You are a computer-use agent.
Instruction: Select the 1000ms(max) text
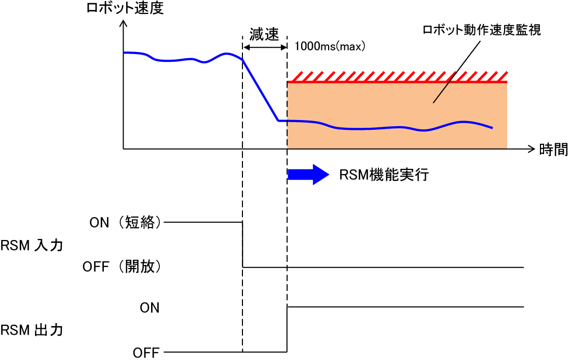[x=330, y=46]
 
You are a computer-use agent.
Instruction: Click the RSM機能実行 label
[x=384, y=175]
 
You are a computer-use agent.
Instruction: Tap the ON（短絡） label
[x=126, y=223]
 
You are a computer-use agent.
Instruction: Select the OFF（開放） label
[x=123, y=268]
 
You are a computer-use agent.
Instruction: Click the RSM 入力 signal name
[x=32, y=245]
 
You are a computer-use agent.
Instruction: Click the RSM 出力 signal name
[x=32, y=330]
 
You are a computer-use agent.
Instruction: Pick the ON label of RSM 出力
[x=150, y=308]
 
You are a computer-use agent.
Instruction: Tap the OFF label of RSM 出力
[x=146, y=353]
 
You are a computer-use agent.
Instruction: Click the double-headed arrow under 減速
[x=265, y=47]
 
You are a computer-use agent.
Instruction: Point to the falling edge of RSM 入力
[x=243, y=245]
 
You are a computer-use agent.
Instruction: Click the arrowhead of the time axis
[x=531, y=150]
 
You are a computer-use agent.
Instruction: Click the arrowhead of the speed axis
[x=123, y=24]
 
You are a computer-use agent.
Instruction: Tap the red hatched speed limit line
[x=397, y=81]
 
